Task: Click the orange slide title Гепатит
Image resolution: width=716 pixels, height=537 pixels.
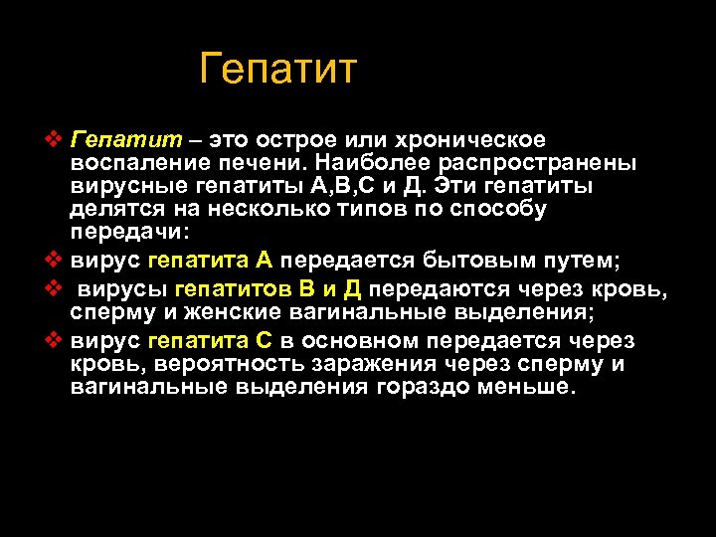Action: pos(277,70)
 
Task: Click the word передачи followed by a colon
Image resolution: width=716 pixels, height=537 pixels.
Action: pos(133,234)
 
